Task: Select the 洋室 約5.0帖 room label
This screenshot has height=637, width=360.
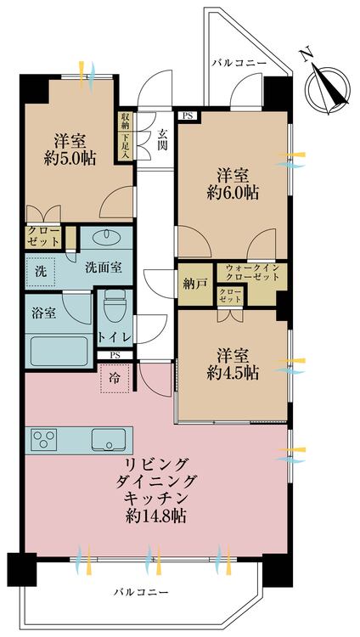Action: click(72, 149)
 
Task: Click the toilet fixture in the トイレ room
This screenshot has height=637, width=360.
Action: click(114, 305)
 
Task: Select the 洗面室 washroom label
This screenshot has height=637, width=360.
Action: click(103, 267)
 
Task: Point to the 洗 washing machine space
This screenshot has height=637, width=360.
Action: click(41, 272)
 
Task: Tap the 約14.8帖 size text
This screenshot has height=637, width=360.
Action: click(157, 516)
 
